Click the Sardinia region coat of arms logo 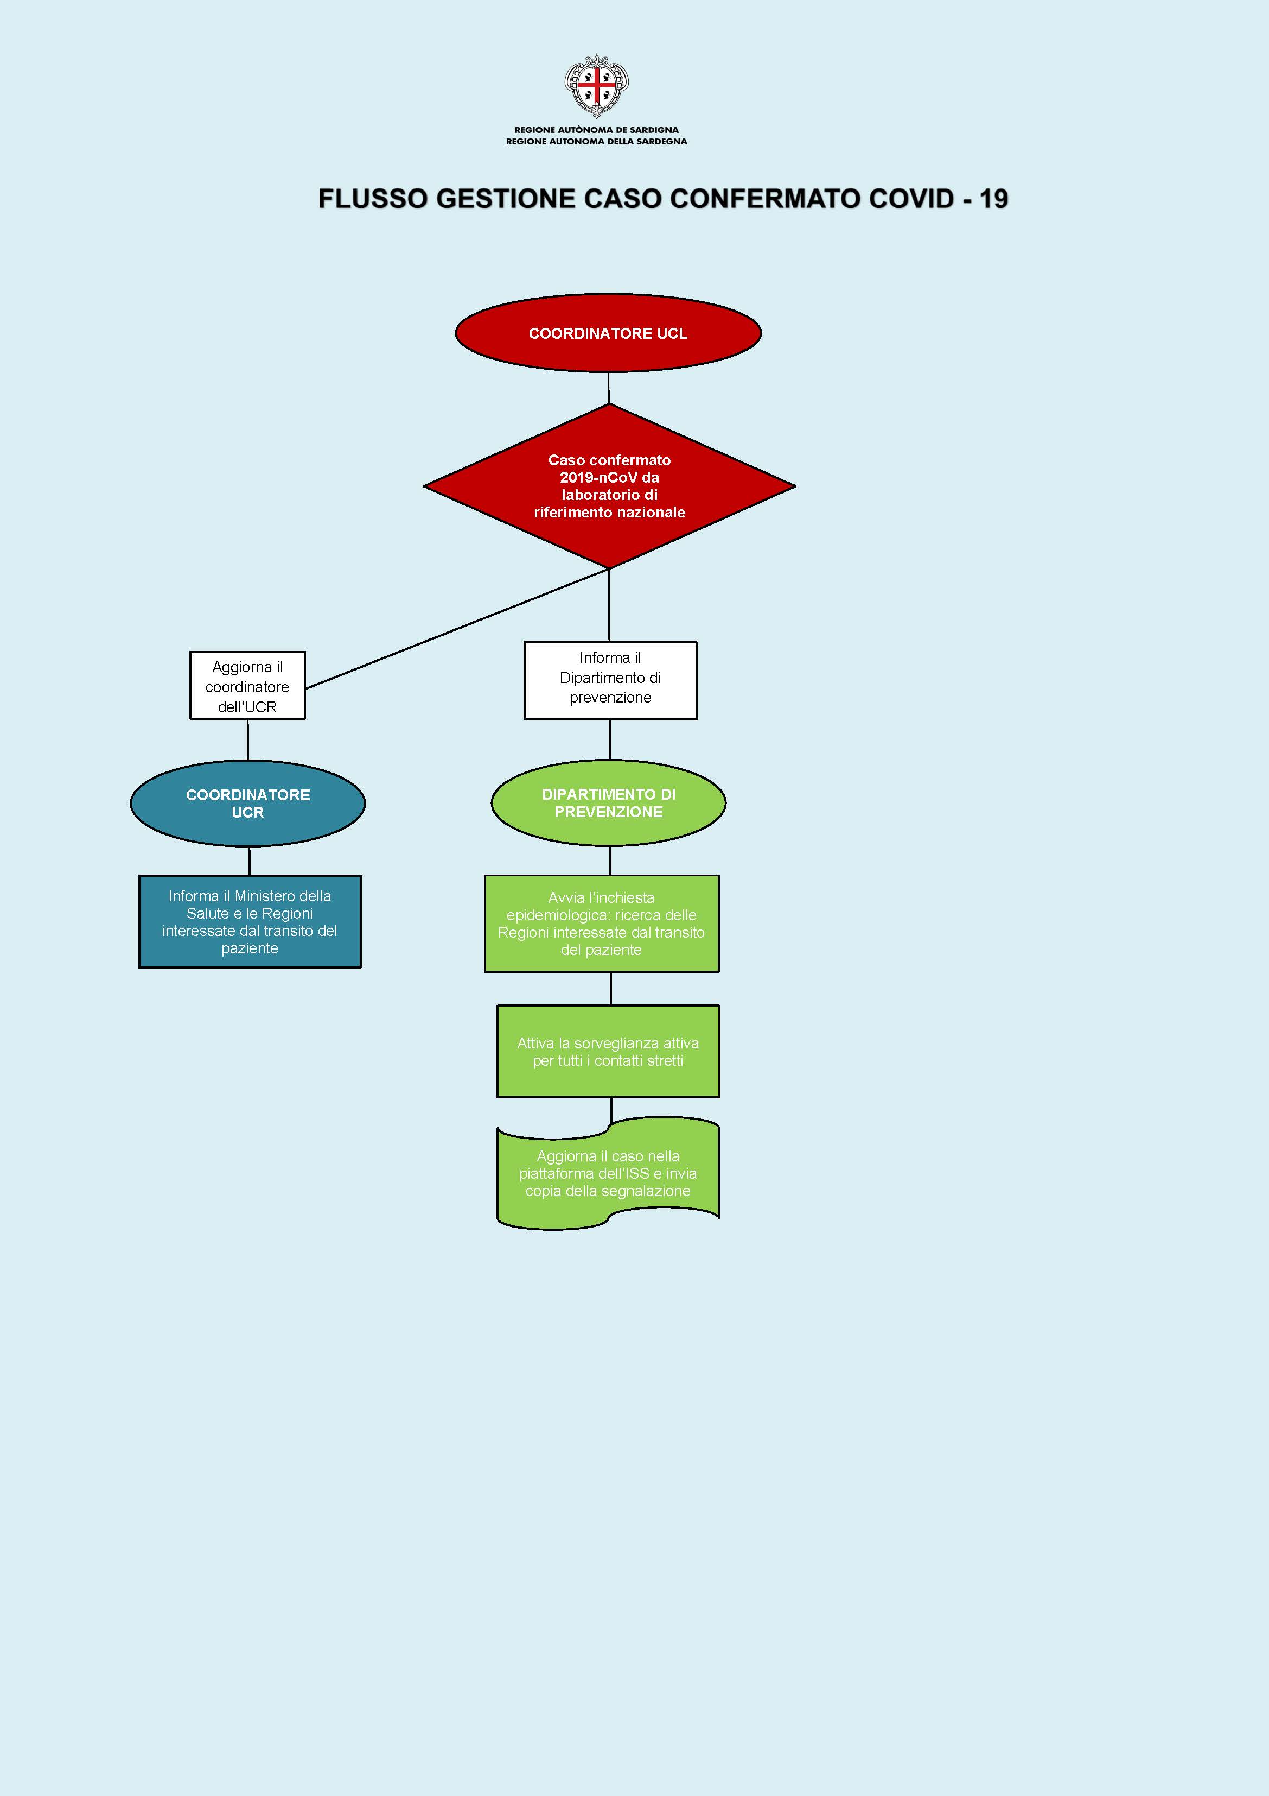coord(597,85)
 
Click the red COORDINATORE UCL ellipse coord(608,333)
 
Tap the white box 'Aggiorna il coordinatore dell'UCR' coord(247,686)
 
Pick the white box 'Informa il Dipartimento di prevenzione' coord(610,679)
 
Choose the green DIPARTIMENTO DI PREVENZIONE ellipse coord(608,802)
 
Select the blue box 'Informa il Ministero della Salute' coord(250,921)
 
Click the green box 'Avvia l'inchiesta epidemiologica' coord(601,924)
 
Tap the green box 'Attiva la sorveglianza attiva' coord(608,1051)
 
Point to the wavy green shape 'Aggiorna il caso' coord(608,1173)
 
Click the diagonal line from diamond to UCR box coord(457,628)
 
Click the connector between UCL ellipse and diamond coord(608,388)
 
